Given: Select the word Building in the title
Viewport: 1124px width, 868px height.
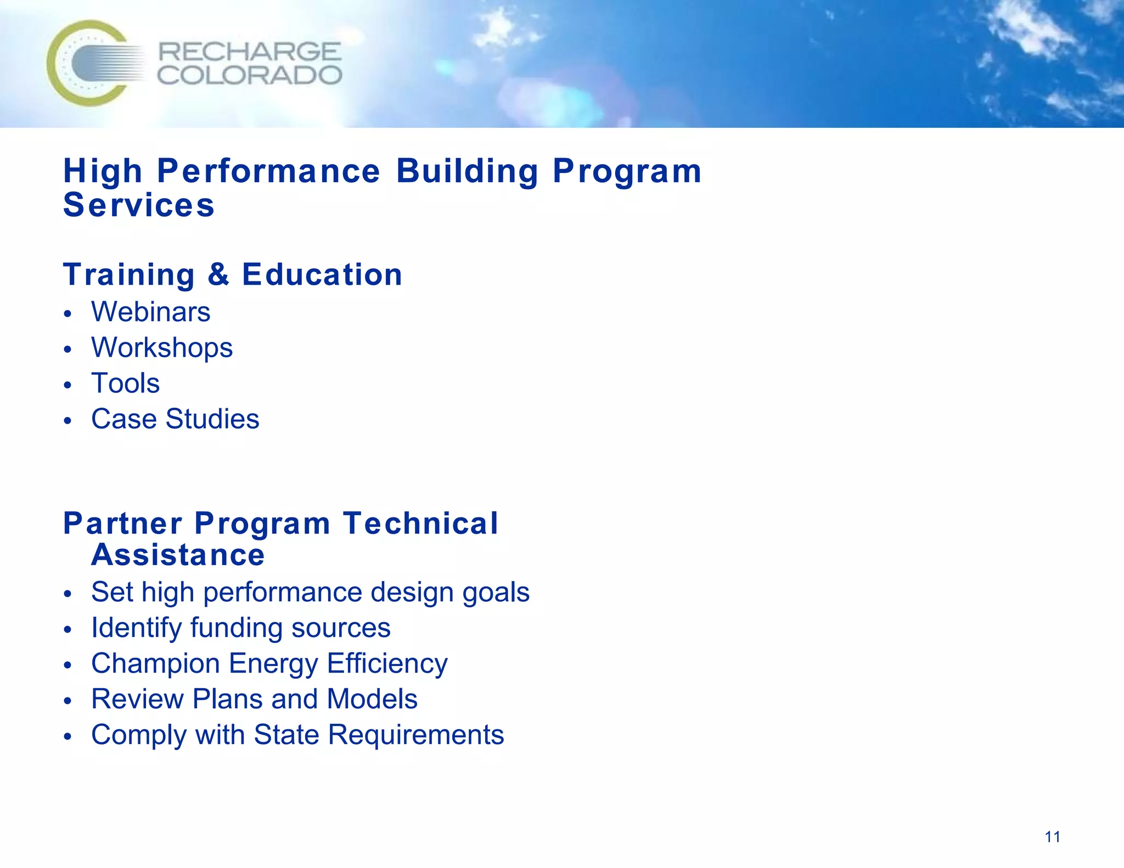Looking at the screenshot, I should [x=467, y=171].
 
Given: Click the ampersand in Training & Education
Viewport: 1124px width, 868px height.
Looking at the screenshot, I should [x=218, y=274].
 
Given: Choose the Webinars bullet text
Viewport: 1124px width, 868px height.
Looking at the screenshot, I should [x=151, y=312].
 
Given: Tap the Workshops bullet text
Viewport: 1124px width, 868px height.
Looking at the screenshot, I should [x=162, y=347].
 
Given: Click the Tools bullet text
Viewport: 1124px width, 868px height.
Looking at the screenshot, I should [x=126, y=383].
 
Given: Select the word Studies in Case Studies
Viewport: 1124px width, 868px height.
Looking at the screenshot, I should [x=212, y=419].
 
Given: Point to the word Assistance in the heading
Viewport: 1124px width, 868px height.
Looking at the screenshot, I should [x=178, y=555].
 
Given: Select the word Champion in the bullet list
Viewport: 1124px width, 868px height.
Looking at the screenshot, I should [x=155, y=663].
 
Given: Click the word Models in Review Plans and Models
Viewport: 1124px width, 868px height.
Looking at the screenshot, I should [x=372, y=699].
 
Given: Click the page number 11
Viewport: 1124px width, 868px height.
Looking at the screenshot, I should [x=1052, y=837].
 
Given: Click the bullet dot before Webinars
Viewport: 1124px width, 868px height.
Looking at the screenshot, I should [x=68, y=314].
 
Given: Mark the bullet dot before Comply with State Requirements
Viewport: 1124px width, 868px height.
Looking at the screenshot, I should [x=68, y=737].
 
